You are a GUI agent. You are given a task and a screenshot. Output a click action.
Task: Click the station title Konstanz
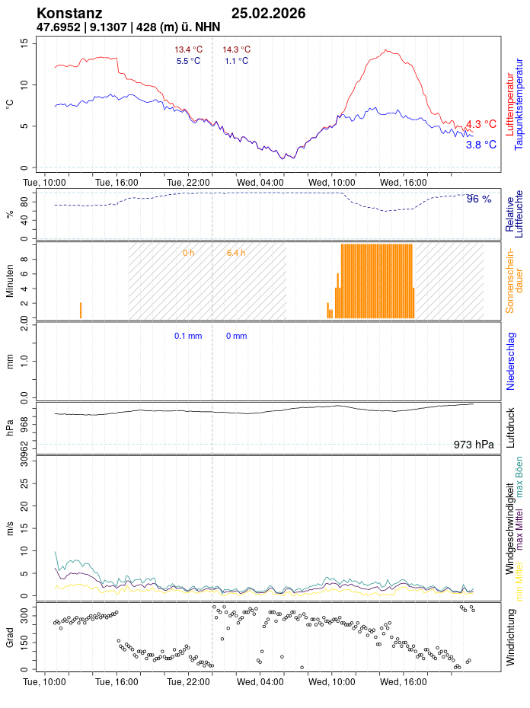pos(69,13)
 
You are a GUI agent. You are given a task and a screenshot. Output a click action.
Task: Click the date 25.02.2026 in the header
pos(269,13)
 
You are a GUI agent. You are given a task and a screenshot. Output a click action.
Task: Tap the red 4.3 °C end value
pos(481,124)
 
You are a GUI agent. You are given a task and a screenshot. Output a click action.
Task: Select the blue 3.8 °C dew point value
pos(481,145)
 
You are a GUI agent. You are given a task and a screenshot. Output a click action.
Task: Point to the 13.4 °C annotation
pos(188,49)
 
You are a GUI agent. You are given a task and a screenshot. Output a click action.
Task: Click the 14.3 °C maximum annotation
pos(236,49)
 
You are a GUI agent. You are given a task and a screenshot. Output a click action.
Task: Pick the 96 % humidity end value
pos(479,199)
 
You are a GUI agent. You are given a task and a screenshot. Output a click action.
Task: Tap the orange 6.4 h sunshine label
pos(236,252)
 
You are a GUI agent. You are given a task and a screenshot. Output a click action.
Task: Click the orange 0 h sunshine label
pos(188,252)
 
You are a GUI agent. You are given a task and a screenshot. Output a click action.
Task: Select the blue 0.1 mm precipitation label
pos(188,336)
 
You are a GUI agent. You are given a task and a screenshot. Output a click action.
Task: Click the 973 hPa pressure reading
pos(473,445)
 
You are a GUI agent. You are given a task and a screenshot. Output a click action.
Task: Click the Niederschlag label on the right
pos(510,361)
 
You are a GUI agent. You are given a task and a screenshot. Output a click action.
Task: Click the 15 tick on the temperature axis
pos(24,43)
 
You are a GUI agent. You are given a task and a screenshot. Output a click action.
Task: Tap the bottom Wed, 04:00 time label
pos(260,683)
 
